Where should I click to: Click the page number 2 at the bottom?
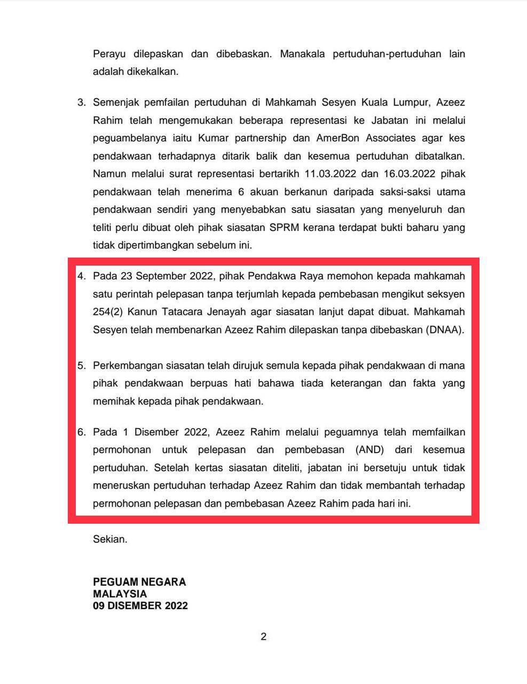263,636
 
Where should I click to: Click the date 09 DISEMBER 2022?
140,606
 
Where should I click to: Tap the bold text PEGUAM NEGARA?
139,582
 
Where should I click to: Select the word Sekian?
110,539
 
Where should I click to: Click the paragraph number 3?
82,103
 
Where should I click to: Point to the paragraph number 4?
82,276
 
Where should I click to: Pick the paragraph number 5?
82,366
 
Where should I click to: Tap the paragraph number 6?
82,432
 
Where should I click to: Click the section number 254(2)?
108,312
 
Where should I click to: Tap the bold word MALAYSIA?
120,594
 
